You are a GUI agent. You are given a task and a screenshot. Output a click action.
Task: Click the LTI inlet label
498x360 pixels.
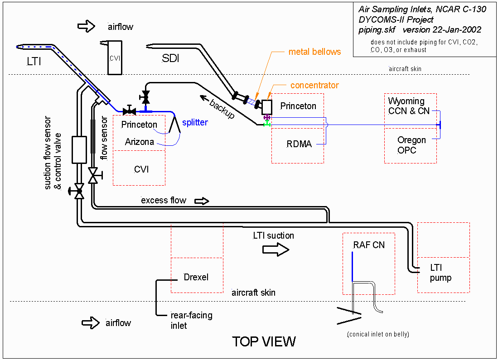(x=34, y=61)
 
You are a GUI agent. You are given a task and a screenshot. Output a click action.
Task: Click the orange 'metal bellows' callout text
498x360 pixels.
(x=314, y=52)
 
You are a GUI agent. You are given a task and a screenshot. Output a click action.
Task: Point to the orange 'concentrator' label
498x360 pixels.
(x=314, y=85)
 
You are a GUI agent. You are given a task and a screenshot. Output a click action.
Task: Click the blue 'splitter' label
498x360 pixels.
(x=195, y=123)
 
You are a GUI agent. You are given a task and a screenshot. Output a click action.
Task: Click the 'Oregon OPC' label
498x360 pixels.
(x=411, y=145)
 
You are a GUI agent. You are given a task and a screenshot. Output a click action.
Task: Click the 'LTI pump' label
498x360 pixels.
(x=440, y=273)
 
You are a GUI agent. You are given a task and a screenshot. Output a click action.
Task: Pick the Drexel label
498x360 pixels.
(x=196, y=277)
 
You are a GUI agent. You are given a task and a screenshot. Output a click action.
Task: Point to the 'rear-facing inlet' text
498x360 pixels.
(x=191, y=320)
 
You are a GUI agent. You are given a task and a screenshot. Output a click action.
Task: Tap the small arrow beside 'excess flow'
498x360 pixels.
(x=202, y=201)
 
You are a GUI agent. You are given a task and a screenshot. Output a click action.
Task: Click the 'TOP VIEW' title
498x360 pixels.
(x=264, y=341)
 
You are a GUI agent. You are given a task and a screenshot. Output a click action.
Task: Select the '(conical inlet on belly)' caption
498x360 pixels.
(x=378, y=335)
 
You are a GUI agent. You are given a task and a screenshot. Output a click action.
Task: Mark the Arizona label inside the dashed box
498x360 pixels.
(x=139, y=142)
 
